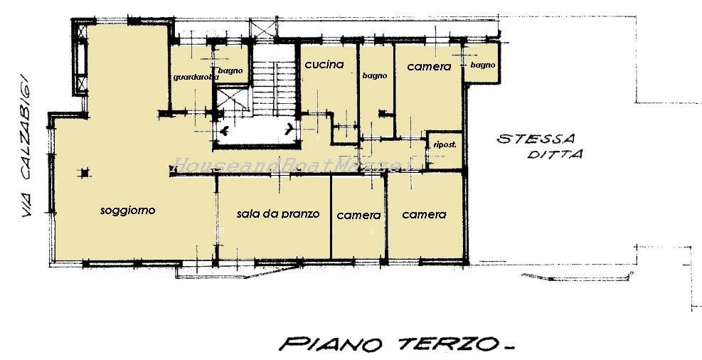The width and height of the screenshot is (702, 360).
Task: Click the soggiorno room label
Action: [x=128, y=211]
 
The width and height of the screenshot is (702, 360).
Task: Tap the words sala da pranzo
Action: [x=278, y=213]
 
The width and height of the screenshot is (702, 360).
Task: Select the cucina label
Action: [x=324, y=65]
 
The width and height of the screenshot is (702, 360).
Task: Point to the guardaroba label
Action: [x=191, y=77]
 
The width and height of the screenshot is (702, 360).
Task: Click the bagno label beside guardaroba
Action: [x=230, y=70]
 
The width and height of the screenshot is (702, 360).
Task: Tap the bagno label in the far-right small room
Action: [x=482, y=65]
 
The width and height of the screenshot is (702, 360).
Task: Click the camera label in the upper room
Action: [x=429, y=66]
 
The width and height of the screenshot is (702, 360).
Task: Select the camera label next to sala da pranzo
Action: [x=358, y=215]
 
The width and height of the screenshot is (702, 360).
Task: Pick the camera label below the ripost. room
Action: [x=424, y=214]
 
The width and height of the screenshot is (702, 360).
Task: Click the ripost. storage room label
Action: [x=445, y=145]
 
